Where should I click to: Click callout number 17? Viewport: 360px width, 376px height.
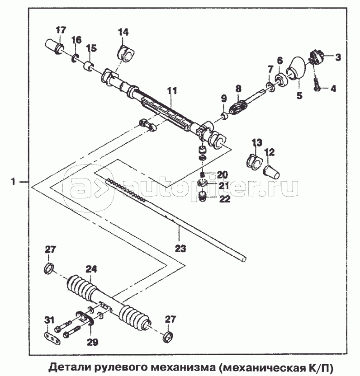coord(61,30)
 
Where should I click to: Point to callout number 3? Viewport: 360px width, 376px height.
coord(337,57)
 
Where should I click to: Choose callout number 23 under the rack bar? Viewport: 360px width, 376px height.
coord(180,248)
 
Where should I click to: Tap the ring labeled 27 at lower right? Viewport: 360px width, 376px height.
coord(167,336)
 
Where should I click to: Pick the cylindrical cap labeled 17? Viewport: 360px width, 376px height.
coord(54,46)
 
